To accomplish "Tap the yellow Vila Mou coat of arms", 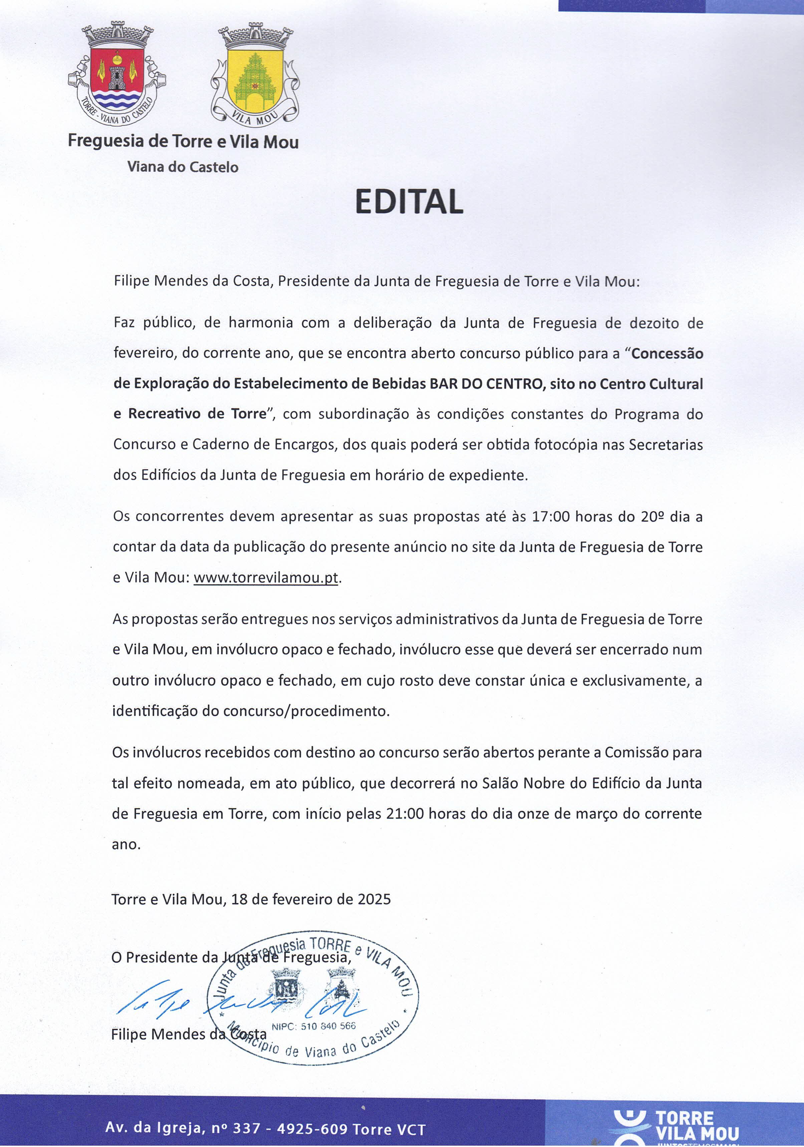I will tap(255, 75).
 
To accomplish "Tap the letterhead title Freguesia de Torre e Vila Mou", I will tap(183, 141).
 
